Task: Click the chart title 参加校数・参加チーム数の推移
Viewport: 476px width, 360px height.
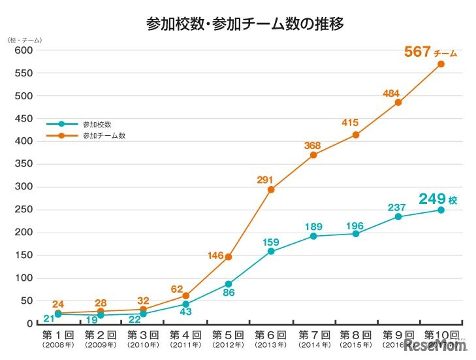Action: pyautogui.click(x=246, y=24)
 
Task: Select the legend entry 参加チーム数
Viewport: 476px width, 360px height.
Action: pyautogui.click(x=103, y=136)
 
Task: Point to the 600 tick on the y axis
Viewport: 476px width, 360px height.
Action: pyautogui.click(x=24, y=50)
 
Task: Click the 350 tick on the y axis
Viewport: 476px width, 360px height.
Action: pyautogui.click(x=24, y=164)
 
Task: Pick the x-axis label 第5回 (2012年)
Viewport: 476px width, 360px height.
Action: pyautogui.click(x=228, y=338)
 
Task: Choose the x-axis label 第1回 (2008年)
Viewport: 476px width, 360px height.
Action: pyautogui.click(x=57, y=338)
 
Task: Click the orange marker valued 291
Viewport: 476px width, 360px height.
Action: pyautogui.click(x=271, y=189)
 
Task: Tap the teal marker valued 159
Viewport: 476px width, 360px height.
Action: pyautogui.click(x=271, y=251)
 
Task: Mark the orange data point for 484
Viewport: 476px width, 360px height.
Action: pyautogui.click(x=398, y=103)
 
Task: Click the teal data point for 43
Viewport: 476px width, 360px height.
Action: pyautogui.click(x=186, y=304)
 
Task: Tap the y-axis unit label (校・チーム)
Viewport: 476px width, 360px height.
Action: pyautogui.click(x=25, y=41)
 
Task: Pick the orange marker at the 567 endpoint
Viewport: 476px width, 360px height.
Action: pyautogui.click(x=441, y=64)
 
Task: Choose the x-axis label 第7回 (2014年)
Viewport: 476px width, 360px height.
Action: pyautogui.click(x=313, y=338)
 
